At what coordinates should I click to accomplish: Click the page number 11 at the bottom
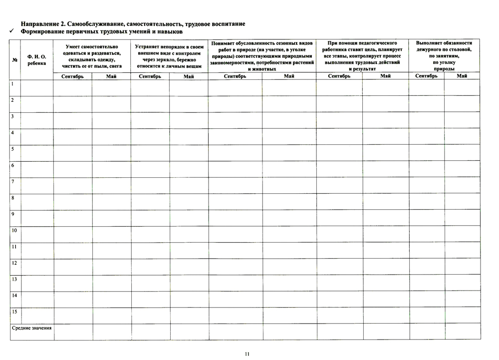(x=247, y=354)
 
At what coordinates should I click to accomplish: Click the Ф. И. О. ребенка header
(x=36, y=60)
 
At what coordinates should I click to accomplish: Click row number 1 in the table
(x=12, y=84)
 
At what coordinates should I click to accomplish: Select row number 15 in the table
(x=14, y=312)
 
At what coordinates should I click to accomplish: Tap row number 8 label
(x=12, y=198)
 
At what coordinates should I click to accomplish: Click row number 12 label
(x=14, y=263)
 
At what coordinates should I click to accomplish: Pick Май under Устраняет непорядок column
(x=188, y=76)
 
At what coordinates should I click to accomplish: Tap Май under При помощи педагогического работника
(x=385, y=76)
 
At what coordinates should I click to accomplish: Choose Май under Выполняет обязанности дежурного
(x=462, y=76)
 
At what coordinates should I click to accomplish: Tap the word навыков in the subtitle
(x=171, y=31)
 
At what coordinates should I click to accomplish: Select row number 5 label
(x=12, y=149)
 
